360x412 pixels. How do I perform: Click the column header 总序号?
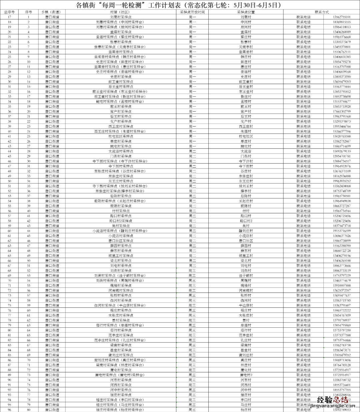click(9, 12)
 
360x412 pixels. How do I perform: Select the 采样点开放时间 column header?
click(192, 12)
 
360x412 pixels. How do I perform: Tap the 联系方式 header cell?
click(321, 12)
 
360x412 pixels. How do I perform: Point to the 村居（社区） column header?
click(121, 12)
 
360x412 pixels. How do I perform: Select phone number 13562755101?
click(342, 17)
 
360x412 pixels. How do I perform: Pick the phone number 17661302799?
click(342, 112)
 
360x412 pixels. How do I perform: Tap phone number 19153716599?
click(342, 231)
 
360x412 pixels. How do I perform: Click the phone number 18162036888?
click(342, 176)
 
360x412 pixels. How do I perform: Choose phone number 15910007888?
click(342, 285)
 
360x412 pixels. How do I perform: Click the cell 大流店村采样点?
click(121, 151)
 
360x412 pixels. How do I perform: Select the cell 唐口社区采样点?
click(121, 241)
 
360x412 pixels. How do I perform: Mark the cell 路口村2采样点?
click(121, 221)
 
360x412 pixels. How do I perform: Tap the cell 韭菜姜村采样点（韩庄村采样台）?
click(121, 57)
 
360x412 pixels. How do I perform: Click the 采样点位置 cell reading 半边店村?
click(246, 305)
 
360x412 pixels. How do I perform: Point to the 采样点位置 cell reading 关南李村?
click(246, 47)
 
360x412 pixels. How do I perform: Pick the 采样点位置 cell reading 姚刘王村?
click(246, 186)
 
